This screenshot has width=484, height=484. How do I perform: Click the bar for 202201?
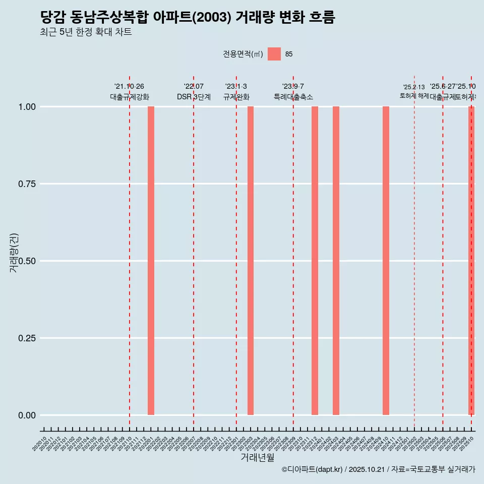151,261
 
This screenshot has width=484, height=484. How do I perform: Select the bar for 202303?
251,261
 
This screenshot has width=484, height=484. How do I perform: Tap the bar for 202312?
315,261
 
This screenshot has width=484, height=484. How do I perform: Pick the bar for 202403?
336,261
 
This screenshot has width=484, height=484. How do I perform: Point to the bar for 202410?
386,261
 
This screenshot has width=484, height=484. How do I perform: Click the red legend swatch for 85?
274,54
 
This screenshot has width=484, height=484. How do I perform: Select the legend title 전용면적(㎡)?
243,54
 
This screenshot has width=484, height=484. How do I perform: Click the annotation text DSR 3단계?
194,97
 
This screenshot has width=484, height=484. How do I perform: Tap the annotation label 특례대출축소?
293,97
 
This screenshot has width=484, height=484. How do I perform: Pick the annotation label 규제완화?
236,97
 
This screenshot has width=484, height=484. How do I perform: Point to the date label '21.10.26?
130,87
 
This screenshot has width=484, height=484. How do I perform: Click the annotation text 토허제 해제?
414,96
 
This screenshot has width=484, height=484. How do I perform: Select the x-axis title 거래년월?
258,457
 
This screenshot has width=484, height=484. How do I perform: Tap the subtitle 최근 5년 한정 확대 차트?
86,33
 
